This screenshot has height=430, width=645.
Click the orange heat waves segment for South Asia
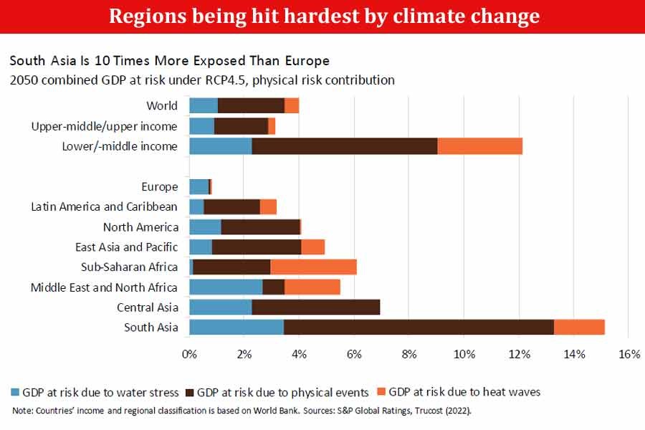tap(579, 327)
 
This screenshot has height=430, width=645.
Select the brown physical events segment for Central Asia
tap(315, 307)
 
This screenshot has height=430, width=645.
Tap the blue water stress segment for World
tap(204, 105)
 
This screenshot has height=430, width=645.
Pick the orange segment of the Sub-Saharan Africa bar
tap(313, 267)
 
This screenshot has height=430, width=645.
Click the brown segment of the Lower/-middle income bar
tap(344, 146)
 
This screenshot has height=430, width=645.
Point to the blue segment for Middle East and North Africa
tap(226, 287)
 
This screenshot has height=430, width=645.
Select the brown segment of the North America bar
tap(260, 227)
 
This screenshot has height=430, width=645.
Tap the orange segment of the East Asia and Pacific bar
tap(312, 247)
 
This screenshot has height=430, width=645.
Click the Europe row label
tap(159, 187)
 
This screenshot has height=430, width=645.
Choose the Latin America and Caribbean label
tap(104, 207)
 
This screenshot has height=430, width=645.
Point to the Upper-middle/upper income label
tap(104, 126)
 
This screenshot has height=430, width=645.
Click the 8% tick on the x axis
tap(409, 354)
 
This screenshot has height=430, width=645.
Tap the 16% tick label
tap(629, 354)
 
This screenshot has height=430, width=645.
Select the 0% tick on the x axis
tap(189, 354)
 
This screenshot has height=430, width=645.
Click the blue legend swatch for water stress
tap(16, 392)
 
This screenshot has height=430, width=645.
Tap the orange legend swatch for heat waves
tap(381, 392)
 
